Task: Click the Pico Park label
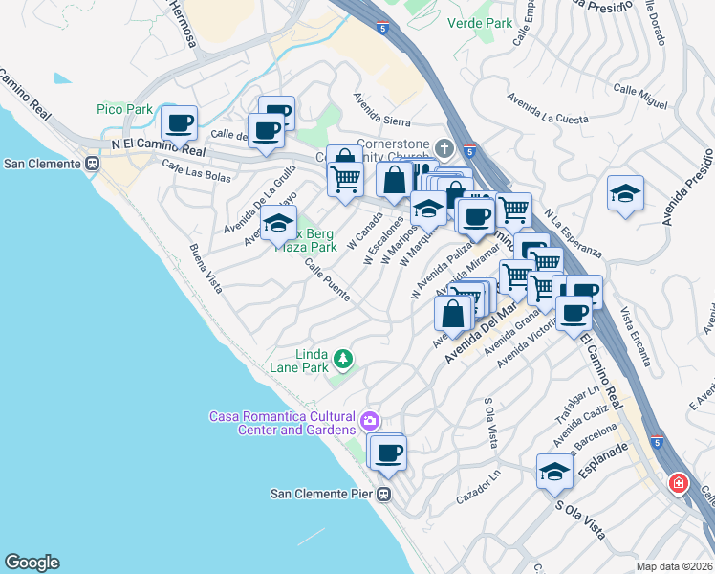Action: (x=124, y=110)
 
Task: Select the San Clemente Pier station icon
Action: (x=382, y=495)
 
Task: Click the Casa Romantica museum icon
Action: (x=370, y=420)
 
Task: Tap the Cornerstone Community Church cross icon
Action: (x=443, y=148)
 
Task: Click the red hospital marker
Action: (x=679, y=483)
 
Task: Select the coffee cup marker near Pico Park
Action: (x=179, y=123)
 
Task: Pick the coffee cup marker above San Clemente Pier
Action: (x=388, y=453)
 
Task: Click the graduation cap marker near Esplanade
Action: (x=553, y=472)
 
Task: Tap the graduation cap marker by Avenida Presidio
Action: (x=625, y=192)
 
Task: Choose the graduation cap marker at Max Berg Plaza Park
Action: (x=278, y=224)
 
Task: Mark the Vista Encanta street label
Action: (x=635, y=336)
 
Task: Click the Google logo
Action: (x=32, y=563)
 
